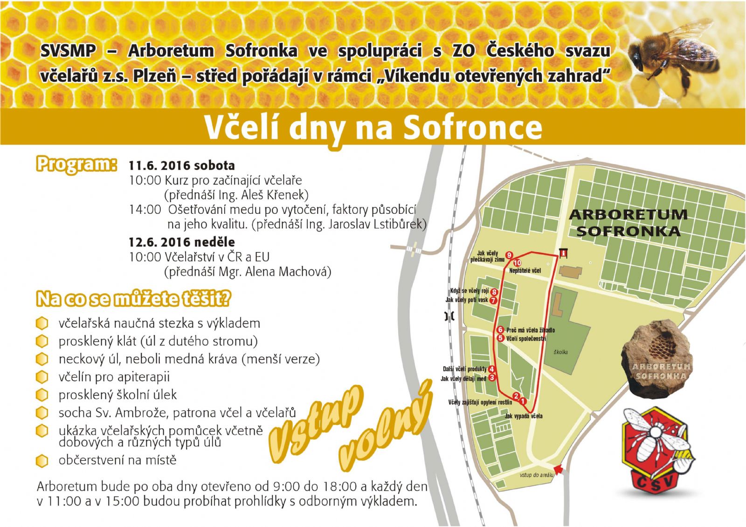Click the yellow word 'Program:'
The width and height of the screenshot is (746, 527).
coord(76,164)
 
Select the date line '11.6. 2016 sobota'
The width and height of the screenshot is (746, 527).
coord(182,165)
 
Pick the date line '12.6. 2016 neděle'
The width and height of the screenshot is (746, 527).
coord(182,242)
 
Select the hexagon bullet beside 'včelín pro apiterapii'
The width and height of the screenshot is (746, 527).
coord(42,377)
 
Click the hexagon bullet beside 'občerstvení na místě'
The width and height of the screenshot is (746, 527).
coord(42,461)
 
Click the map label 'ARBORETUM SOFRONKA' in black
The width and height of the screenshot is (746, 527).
coord(628,223)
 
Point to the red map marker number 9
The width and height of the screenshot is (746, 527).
coord(509,255)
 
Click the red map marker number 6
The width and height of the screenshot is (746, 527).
coord(500,330)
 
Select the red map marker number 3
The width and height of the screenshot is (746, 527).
coord(492,377)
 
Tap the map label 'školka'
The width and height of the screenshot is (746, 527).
coord(561,352)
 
